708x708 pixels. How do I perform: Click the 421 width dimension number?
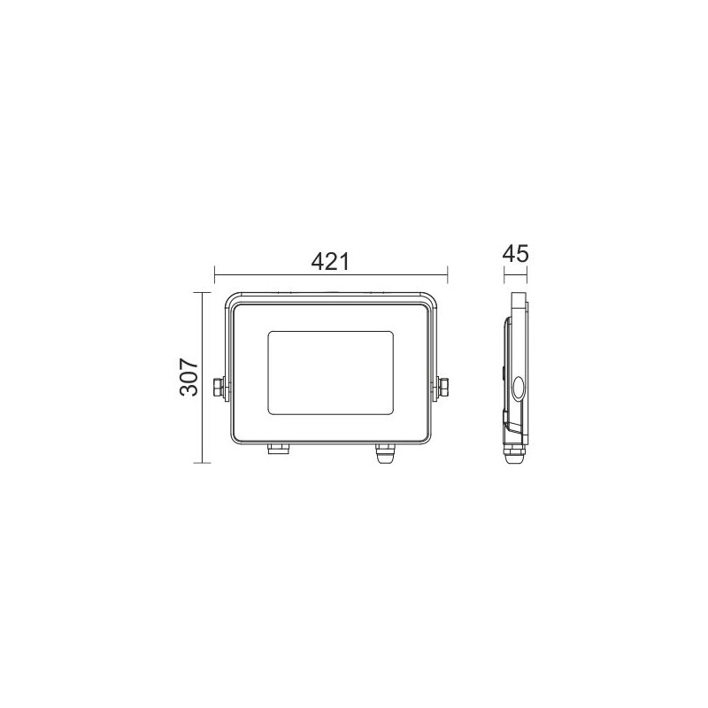tap(330, 262)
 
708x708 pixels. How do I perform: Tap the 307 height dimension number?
tap(189, 377)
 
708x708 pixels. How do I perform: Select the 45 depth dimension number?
tap(515, 254)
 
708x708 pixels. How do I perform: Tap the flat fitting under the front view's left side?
tap(279, 448)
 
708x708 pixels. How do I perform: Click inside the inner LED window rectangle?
tap(330, 373)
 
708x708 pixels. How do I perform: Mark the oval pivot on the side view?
tap(518, 388)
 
